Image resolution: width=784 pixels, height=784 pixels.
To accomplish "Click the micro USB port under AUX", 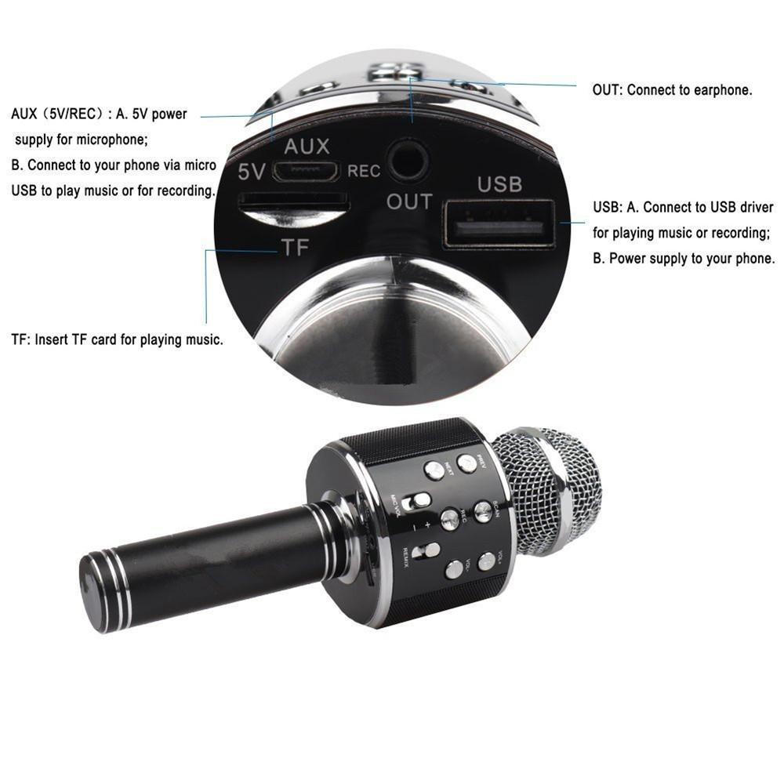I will [306, 170].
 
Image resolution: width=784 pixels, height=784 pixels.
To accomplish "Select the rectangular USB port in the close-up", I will [499, 224].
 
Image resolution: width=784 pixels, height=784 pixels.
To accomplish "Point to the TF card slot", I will [293, 202].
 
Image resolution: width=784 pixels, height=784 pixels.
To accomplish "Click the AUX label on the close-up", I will [307, 146].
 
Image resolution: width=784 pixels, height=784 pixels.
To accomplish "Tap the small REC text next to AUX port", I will [364, 171].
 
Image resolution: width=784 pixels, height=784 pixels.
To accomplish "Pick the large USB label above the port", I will [499, 184].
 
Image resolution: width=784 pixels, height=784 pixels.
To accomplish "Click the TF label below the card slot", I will [295, 249].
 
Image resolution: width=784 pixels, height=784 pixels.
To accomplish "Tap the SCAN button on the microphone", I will [483, 511].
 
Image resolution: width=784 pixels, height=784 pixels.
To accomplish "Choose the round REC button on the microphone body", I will [450, 517].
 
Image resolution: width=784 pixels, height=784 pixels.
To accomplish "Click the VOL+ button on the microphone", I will [487, 561].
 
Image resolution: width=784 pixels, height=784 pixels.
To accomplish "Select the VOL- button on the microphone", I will [454, 569].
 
